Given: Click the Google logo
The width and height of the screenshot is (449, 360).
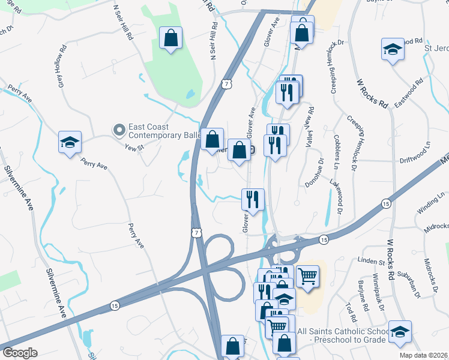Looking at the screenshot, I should (x=19, y=353).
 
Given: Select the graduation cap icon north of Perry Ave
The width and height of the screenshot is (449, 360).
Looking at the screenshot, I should (x=70, y=143).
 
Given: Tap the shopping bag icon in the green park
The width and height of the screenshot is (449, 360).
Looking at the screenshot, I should (x=171, y=38).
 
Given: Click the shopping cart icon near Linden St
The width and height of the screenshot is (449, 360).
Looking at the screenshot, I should (x=307, y=276).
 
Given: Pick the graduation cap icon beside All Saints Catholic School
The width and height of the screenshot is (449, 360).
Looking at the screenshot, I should (x=400, y=331).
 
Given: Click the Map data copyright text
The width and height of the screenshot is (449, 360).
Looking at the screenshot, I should (x=424, y=355).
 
